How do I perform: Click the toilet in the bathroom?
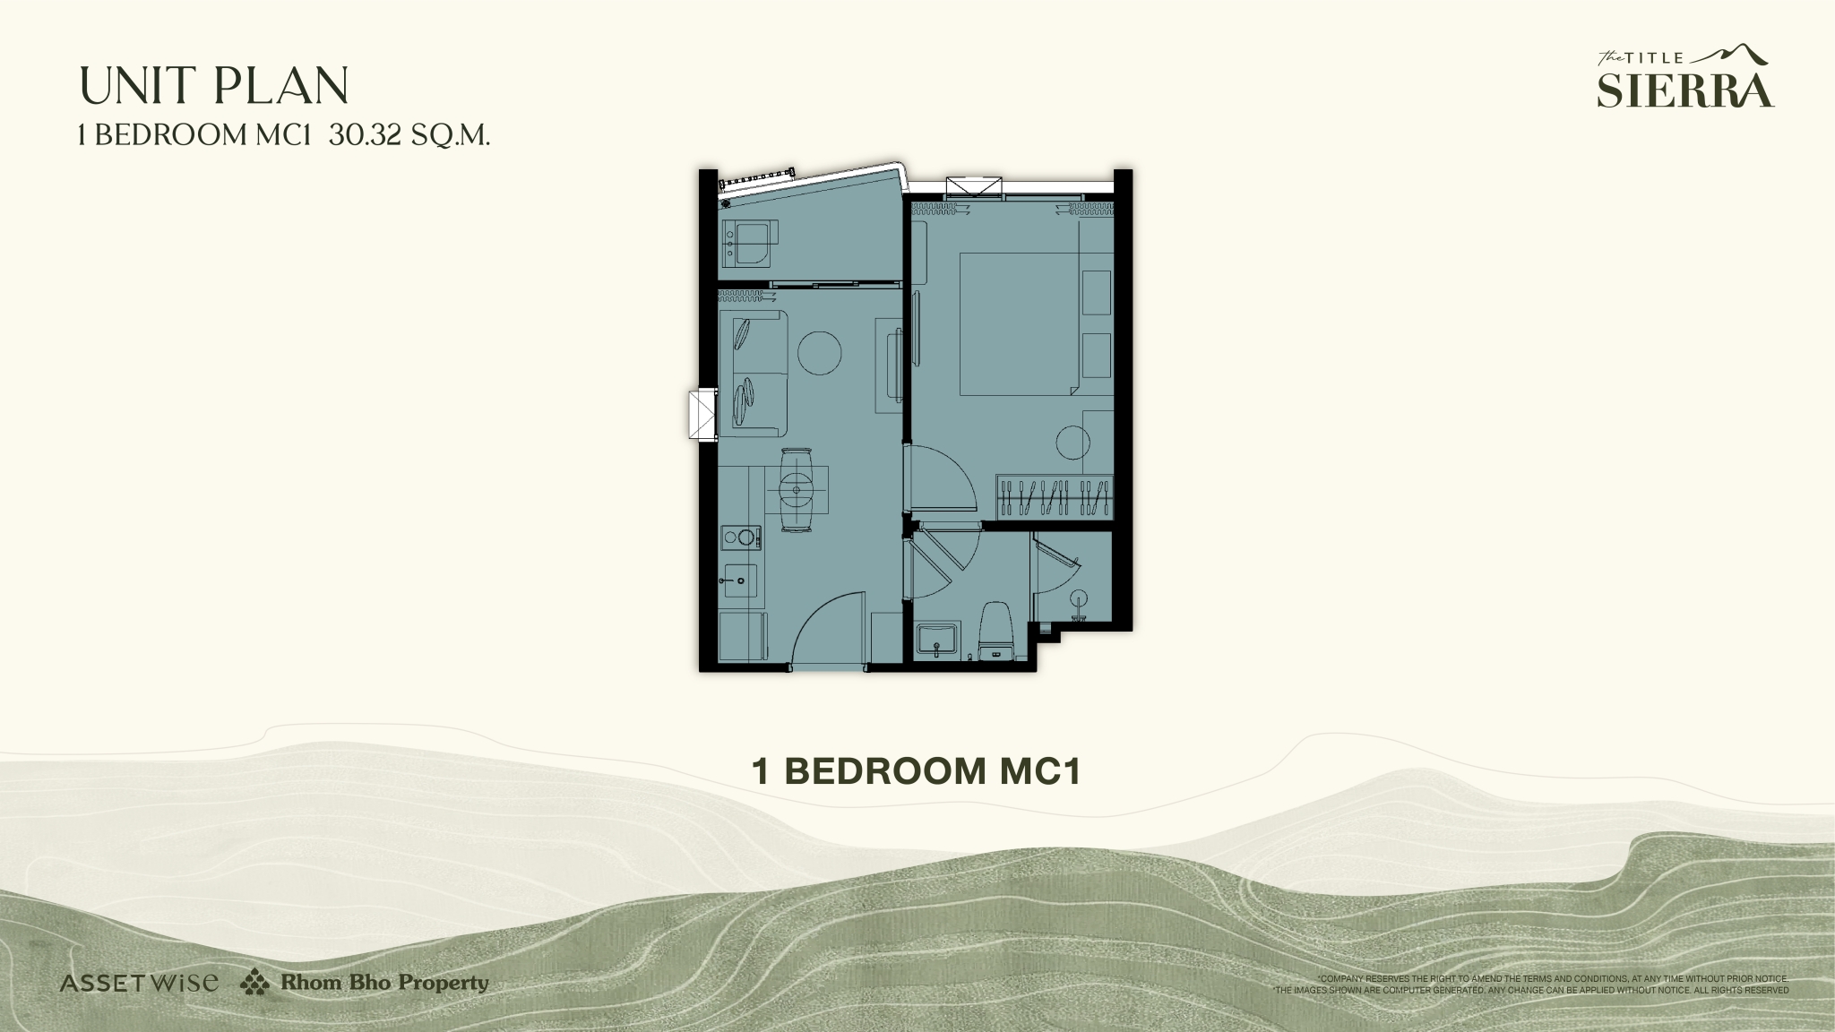tap(995, 632)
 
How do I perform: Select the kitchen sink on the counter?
tap(740, 580)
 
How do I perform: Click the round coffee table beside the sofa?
tap(819, 353)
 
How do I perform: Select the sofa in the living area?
tap(754, 372)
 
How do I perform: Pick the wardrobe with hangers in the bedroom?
tap(1055, 497)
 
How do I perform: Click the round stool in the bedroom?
tap(1073, 443)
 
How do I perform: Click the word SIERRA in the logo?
tap(1685, 90)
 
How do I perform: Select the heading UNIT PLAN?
tap(214, 86)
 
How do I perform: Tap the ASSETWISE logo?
tap(139, 983)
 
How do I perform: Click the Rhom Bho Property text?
tap(384, 983)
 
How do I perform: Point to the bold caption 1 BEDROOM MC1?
tap(917, 771)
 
